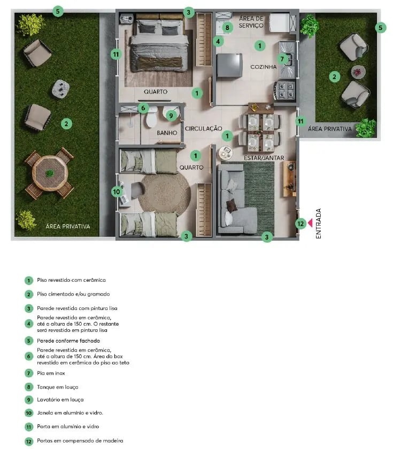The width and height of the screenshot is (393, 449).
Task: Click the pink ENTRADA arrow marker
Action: click(x=311, y=223)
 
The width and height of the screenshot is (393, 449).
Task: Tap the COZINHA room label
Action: click(x=263, y=67)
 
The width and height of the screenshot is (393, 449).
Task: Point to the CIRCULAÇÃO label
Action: click(x=203, y=128)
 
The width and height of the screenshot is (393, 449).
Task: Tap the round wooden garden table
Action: click(x=49, y=173)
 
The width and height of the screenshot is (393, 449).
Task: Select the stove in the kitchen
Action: click(x=284, y=90)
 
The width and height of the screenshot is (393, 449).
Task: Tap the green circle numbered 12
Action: click(x=300, y=223)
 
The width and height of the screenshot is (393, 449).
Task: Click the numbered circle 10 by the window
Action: click(x=117, y=191)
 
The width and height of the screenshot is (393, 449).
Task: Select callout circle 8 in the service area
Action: click(x=227, y=27)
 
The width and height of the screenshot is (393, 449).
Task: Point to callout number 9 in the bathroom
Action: click(x=171, y=115)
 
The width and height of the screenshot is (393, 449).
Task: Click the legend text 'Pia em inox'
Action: click(x=51, y=373)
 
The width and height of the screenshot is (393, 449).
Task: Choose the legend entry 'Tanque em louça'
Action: click(x=58, y=386)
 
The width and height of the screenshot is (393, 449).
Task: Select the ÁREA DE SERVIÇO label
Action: click(x=251, y=22)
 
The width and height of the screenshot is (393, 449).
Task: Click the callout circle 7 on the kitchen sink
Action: click(x=282, y=59)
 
